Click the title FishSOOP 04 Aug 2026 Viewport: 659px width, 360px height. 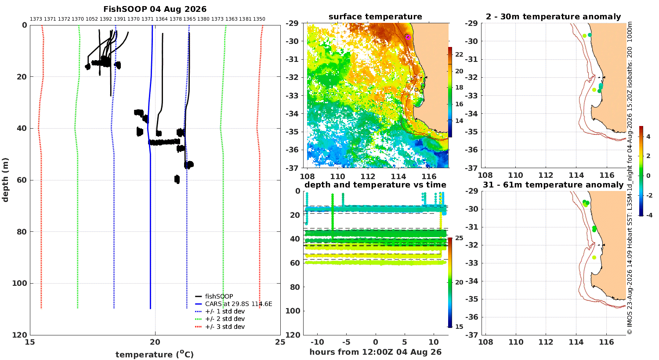pos(155,9)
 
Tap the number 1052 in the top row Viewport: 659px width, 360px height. pos(92,19)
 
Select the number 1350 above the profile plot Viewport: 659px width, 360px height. pos(259,19)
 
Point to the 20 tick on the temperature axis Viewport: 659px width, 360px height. pos(155,342)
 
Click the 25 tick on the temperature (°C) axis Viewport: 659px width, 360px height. pos(280,342)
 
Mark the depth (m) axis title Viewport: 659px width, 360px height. pos(5,180)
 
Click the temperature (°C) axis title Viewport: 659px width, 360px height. pos(155,354)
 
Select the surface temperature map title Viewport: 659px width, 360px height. pos(375,16)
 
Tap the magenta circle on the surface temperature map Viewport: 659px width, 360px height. pos(408,37)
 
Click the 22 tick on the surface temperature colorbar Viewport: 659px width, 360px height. pos(459,54)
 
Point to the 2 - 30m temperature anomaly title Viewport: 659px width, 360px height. pos(554,16)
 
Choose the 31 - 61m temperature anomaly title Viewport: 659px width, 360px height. pos(553,184)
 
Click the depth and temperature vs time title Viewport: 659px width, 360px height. pos(375,184)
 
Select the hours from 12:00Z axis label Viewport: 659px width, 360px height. pos(376,352)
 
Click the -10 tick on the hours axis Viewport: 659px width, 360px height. pos(317,342)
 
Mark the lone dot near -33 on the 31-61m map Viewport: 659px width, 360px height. pos(594,257)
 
